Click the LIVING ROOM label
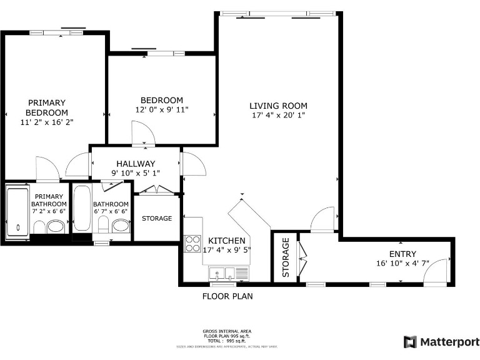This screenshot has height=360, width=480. (278, 106)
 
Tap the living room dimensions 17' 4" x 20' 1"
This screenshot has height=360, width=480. (278, 116)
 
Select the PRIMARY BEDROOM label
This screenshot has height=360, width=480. (46, 107)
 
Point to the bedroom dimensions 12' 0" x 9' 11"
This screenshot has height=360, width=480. (161, 110)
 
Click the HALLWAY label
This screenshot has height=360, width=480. (136, 164)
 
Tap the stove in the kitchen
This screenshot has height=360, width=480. (192, 244)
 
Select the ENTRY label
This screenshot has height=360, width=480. (402, 254)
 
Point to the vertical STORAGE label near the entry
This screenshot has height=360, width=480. (286, 257)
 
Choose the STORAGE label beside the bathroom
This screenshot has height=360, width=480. (157, 219)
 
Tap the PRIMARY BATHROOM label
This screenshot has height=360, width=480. (50, 200)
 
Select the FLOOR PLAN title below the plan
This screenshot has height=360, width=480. (227, 296)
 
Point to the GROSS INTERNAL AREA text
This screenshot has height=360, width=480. (227, 331)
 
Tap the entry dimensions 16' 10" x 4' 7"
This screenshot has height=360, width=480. (402, 264)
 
